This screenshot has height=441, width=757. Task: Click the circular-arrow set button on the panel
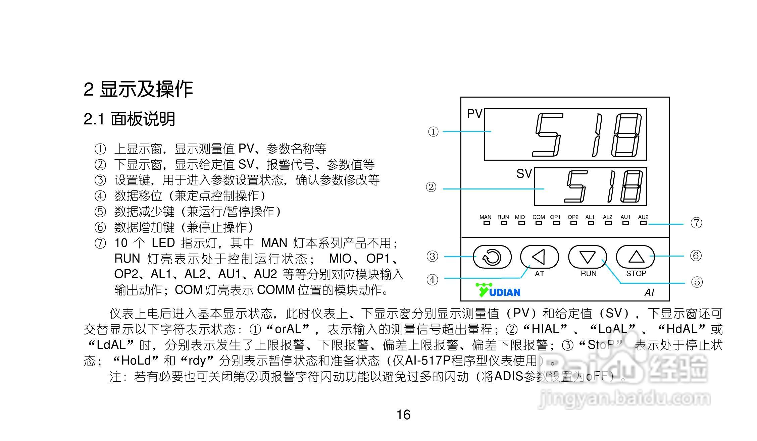coord(492,257)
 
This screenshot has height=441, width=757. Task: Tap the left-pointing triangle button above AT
coord(539,257)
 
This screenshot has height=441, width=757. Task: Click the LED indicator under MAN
coord(486,223)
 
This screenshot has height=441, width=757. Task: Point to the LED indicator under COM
coord(539,223)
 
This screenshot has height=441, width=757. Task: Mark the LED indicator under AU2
coord(643,223)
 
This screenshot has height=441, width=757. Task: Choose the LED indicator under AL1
coord(591,223)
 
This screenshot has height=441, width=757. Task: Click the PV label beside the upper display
coord(474,114)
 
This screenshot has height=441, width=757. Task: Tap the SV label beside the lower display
coord(524,174)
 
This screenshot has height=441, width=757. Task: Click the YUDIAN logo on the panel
coord(498,290)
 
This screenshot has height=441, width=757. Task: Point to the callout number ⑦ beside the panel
coord(696,223)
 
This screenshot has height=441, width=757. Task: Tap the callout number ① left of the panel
coord(433,132)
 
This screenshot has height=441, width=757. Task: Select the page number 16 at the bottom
coord(403,415)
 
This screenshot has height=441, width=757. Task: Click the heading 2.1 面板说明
coord(130,119)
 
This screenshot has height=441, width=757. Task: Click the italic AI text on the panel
coord(649,293)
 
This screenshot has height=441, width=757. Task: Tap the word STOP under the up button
coord(636,274)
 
